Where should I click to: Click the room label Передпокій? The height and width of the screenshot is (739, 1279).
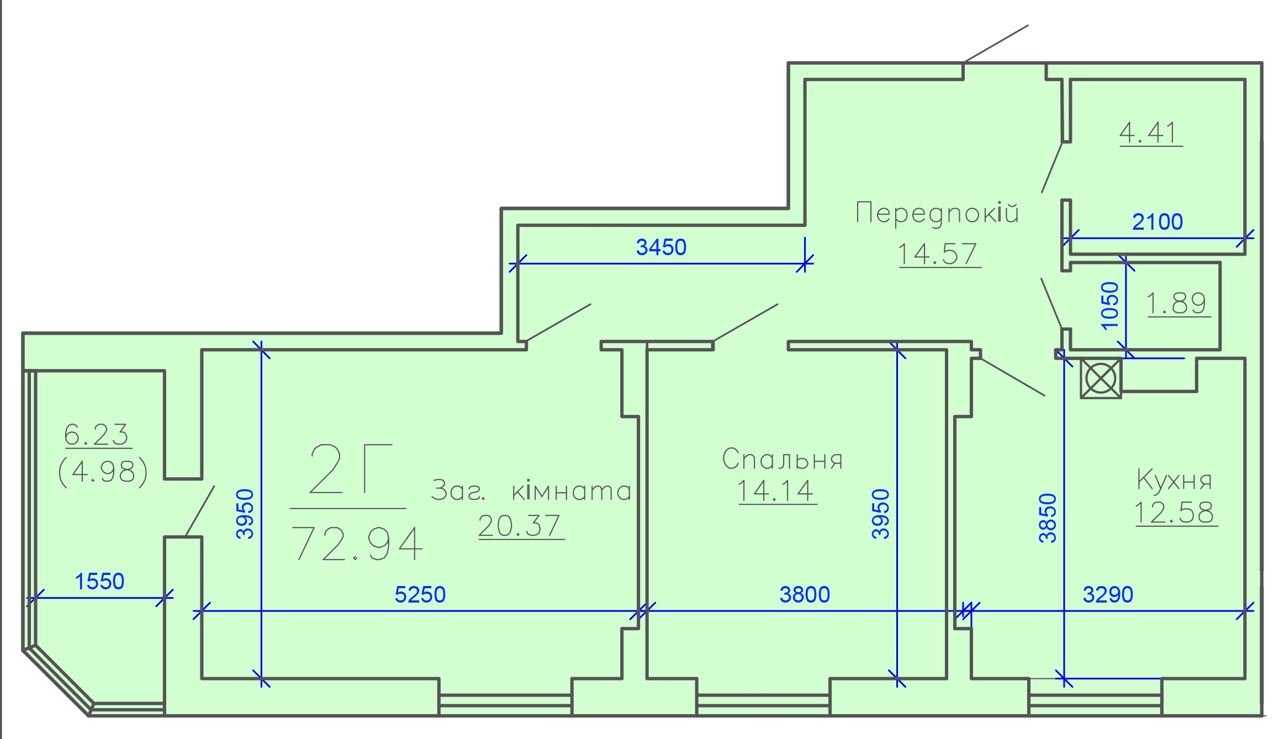click(937, 213)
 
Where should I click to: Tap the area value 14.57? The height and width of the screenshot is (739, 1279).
click(937, 254)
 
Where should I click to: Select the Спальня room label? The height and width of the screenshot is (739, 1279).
click(782, 459)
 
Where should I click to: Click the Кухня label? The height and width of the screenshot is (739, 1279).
click(1174, 479)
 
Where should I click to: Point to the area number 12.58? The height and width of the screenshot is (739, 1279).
click(1175, 513)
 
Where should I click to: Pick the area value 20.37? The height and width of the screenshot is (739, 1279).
click(519, 525)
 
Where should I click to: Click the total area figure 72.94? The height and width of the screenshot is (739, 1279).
click(357, 543)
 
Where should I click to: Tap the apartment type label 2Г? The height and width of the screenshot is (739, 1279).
click(351, 469)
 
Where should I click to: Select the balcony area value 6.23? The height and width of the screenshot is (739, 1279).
click(97, 435)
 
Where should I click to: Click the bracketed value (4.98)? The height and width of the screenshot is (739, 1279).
click(103, 472)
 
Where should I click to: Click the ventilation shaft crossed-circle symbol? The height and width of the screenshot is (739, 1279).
click(1101, 378)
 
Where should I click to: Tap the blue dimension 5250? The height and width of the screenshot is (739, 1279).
click(420, 595)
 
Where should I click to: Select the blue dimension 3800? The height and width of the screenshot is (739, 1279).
click(805, 595)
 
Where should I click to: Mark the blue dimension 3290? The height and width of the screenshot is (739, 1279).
click(1108, 595)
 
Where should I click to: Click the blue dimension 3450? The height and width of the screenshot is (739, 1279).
click(661, 247)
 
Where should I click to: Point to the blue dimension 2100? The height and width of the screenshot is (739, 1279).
click(1158, 222)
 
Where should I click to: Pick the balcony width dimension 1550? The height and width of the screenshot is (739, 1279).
click(99, 582)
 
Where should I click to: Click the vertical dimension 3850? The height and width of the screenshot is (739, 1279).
click(1048, 518)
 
